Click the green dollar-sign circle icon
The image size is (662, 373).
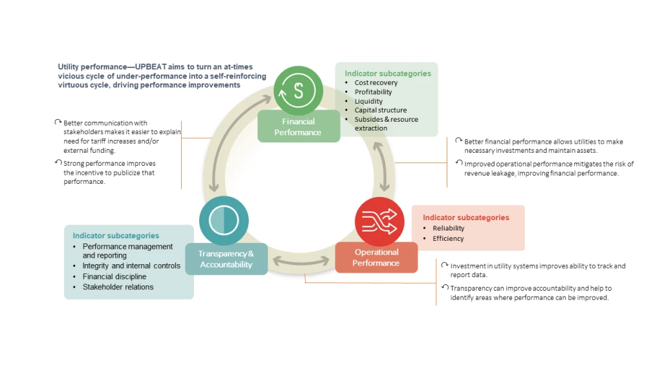[x=298, y=90]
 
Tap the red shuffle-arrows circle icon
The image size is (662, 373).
[x=379, y=221]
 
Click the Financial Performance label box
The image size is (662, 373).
[x=298, y=127]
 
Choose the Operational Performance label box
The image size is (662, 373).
[x=376, y=257]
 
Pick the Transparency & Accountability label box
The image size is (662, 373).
[x=226, y=259]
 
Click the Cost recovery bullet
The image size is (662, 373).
[x=376, y=83]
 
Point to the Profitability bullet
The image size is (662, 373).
[x=373, y=92]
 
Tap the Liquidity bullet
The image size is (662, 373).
[x=368, y=101]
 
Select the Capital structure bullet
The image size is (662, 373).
[x=380, y=110]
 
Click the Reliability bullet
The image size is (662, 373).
[x=448, y=228]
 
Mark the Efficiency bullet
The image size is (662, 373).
[x=448, y=238]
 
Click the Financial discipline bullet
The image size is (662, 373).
[x=114, y=277]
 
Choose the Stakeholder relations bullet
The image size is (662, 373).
[x=118, y=287]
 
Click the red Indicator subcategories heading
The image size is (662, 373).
[x=465, y=218]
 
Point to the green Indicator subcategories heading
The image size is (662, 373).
[x=387, y=73]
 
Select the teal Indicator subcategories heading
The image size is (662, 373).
[x=116, y=236]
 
